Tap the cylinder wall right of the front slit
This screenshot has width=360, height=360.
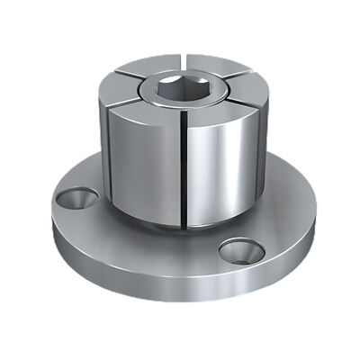[x=220, y=171]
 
